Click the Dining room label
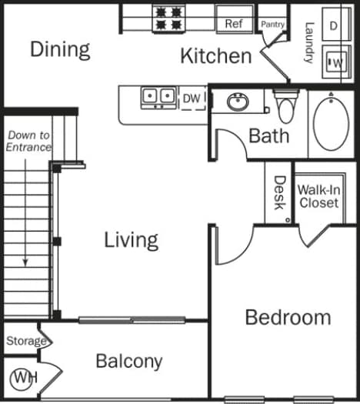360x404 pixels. coord(60,49)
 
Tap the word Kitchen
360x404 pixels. coord(215,55)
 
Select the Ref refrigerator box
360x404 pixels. coord(234,24)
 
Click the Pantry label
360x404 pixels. coord(272,25)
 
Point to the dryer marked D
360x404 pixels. coord(334,25)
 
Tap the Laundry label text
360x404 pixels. coord(308,42)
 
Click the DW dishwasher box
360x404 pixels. coord(192,97)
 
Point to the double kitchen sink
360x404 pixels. coord(159,96)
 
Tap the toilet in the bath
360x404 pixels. coord(285,108)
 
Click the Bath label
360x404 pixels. coord(269,136)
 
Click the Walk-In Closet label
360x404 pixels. coord(318,195)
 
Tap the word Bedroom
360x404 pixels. coord(288,317)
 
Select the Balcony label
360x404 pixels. coord(129,361)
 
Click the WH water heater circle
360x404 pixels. coord(23,379)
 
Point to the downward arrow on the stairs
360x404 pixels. coord(25,208)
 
